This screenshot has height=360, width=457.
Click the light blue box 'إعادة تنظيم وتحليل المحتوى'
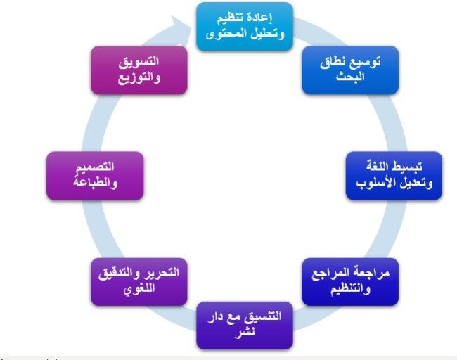tap(245, 27)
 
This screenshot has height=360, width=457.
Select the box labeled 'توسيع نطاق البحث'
tap(350, 70)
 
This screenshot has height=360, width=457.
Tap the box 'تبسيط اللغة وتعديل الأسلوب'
tap(394, 176)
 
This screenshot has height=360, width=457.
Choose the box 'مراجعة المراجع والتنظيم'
tap(350, 281)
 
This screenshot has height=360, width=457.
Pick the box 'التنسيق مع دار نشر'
tap(245, 326)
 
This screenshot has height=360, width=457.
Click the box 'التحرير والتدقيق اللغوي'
tap(139, 281)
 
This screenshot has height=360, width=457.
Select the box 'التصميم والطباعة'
tap(95, 176)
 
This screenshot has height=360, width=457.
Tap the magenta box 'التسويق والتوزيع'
tap(139, 70)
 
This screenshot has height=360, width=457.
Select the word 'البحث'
tap(350, 77)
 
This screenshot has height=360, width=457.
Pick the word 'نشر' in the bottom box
tap(245, 333)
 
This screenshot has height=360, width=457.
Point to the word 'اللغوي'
tap(139, 289)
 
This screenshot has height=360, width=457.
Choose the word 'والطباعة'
tap(95, 183)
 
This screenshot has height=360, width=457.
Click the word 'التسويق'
tap(139, 62)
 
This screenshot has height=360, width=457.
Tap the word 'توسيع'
tap(366, 63)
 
